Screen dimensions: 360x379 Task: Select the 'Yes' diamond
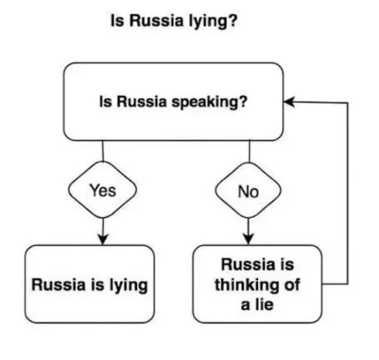click(102, 191)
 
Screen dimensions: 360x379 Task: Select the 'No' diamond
click(248, 191)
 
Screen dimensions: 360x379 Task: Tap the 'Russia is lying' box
click(90, 284)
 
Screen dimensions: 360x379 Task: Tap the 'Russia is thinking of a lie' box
click(257, 284)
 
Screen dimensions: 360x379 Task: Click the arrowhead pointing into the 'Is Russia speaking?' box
click(289, 102)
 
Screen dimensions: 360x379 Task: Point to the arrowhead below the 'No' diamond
click(249, 239)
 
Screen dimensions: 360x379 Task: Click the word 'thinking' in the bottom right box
click(246, 285)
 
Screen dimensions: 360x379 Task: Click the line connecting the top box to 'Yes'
click(103, 151)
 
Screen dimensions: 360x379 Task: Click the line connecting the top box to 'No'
click(249, 151)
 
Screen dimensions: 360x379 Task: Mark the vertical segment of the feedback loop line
click(348, 193)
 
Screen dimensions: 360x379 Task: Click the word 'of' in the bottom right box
click(292, 285)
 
